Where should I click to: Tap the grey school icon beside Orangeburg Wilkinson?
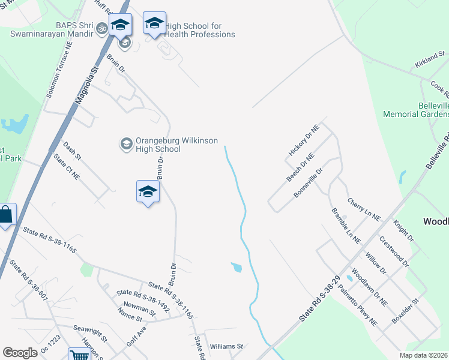[127, 143]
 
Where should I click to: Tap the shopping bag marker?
[5, 215]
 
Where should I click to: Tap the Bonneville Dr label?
[309, 183]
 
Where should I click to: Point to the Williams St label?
[226, 347]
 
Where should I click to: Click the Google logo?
[20, 353]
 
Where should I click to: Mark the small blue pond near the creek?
[237, 268]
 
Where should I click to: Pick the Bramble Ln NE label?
[346, 226]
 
